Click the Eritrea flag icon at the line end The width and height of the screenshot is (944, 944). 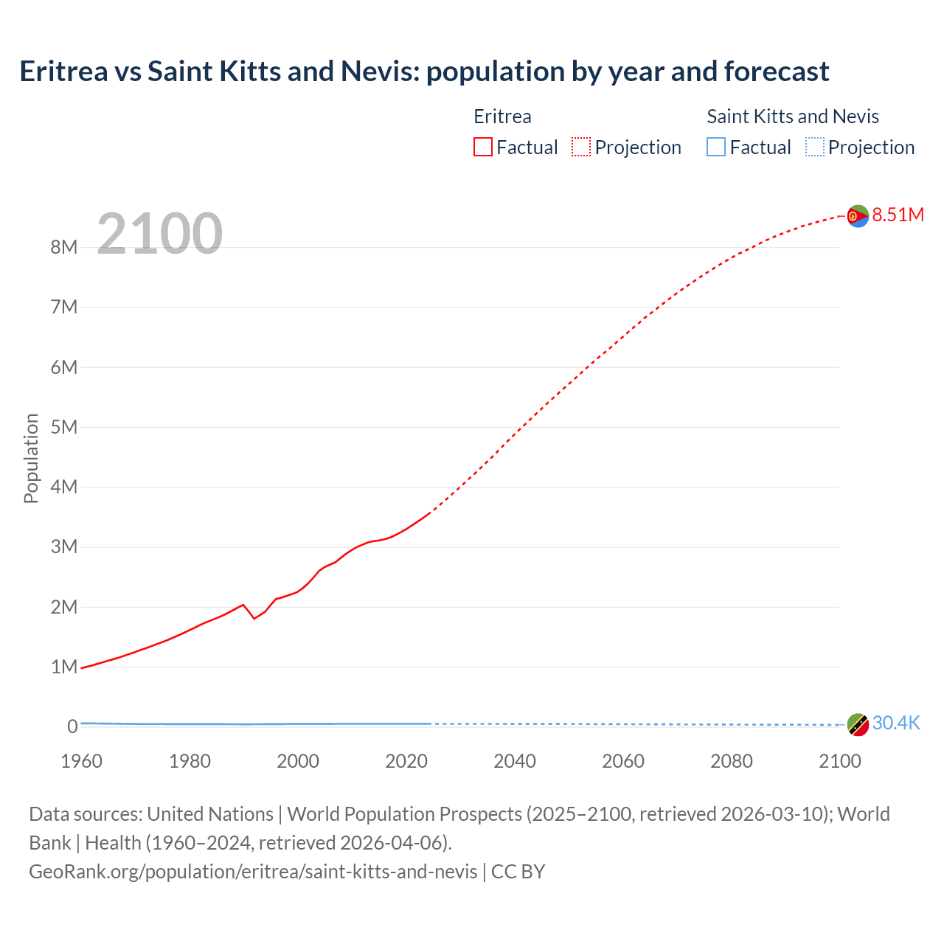pyautogui.click(x=858, y=216)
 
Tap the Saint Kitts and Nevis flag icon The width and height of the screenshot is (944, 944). pyautogui.click(x=858, y=725)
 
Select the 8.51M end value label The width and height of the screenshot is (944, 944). pyautogui.click(x=898, y=215)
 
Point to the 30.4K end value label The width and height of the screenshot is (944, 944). pyautogui.click(x=896, y=723)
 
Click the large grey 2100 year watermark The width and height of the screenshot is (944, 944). pyautogui.click(x=159, y=234)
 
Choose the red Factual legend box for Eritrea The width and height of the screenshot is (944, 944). pyautogui.click(x=482, y=147)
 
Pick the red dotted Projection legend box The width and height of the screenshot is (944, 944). pyautogui.click(x=581, y=147)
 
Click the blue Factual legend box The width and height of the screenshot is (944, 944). pyautogui.click(x=715, y=147)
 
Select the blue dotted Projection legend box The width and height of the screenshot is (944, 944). pyautogui.click(x=814, y=147)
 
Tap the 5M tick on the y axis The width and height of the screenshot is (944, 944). pyautogui.click(x=64, y=427)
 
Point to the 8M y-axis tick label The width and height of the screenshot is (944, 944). pyautogui.click(x=64, y=247)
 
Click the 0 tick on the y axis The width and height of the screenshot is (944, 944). pyautogui.click(x=72, y=726)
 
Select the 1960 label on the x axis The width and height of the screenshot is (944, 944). pyautogui.click(x=81, y=761)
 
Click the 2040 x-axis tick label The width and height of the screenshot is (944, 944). pyautogui.click(x=515, y=761)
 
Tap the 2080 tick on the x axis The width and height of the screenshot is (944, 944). pyautogui.click(x=732, y=761)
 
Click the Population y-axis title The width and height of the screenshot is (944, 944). pyautogui.click(x=31, y=458)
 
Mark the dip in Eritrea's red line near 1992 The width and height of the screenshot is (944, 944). pyautogui.click(x=254, y=618)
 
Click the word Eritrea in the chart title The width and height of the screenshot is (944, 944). pyautogui.click(x=63, y=72)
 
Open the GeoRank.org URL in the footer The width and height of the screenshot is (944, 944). pyautogui.click(x=253, y=871)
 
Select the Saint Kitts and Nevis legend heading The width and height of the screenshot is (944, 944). pyautogui.click(x=793, y=117)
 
